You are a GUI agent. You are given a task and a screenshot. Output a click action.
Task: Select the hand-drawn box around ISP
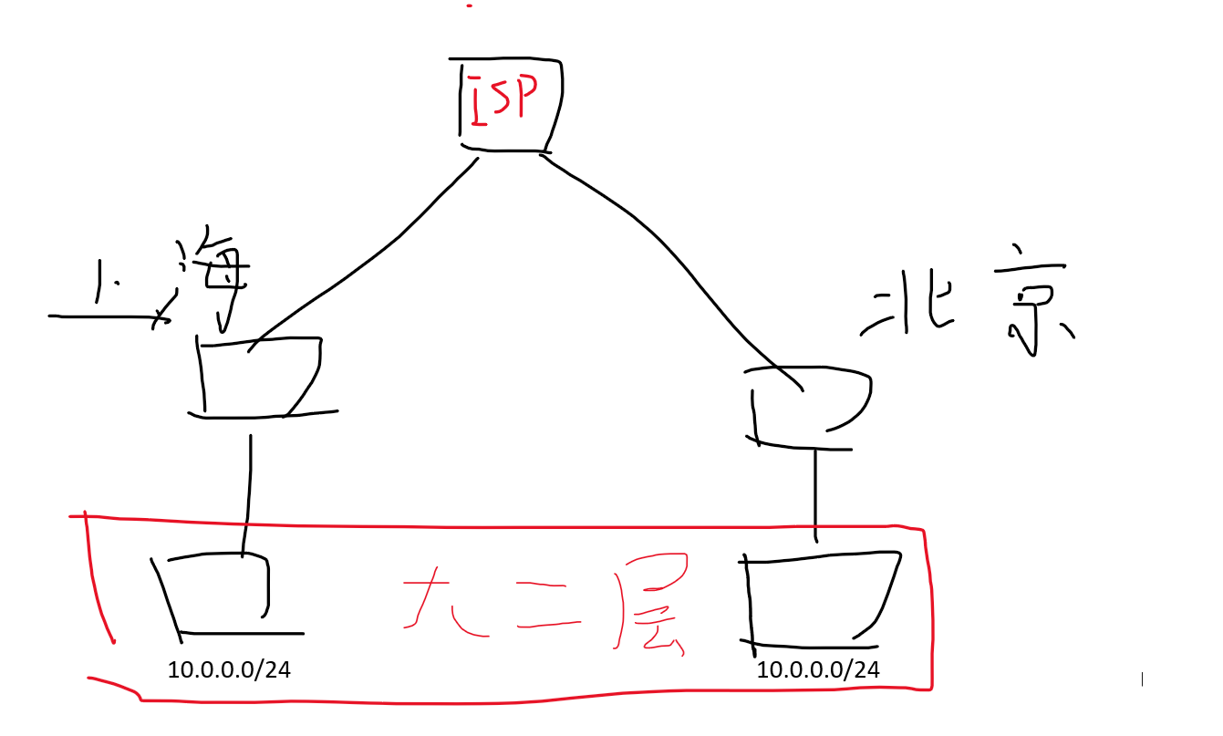[x=509, y=102]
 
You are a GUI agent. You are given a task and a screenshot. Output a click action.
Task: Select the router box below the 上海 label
[x=260, y=377]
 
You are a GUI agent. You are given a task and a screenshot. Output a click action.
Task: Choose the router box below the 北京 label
[x=808, y=407]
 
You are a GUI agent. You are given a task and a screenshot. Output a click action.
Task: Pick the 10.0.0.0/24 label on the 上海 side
[x=229, y=669]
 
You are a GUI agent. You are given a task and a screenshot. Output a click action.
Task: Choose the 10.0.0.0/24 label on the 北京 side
[x=818, y=669]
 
